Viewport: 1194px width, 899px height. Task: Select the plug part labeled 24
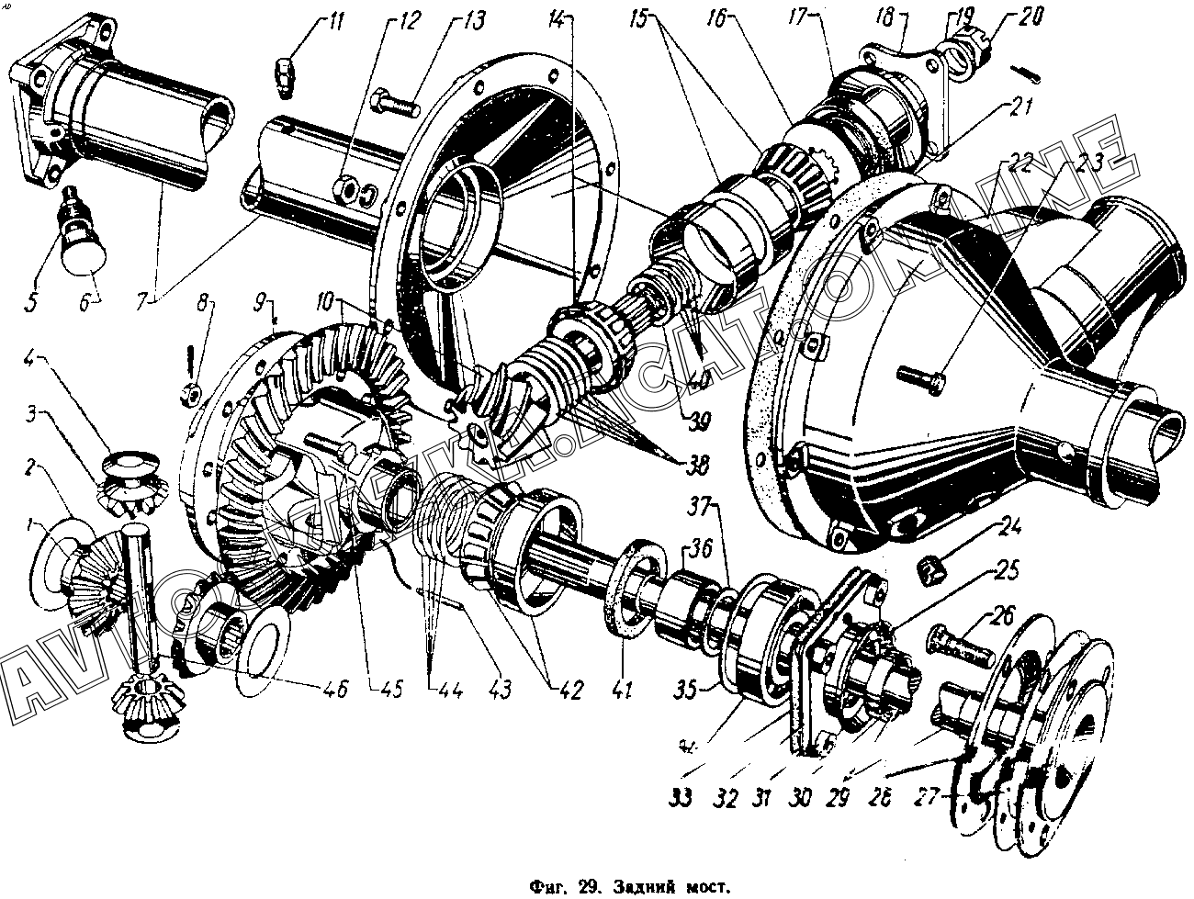tap(933, 571)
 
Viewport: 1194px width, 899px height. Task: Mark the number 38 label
tap(697, 466)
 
